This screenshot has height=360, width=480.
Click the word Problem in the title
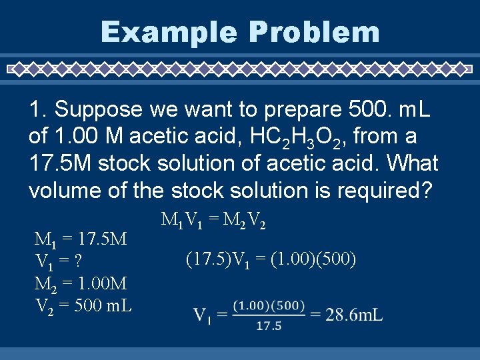(x=316, y=32)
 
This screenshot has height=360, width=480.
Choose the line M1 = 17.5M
(x=81, y=238)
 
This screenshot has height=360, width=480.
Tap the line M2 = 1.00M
(x=81, y=283)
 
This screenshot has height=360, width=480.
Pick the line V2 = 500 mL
(x=83, y=306)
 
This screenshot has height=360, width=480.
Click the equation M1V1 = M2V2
(x=213, y=220)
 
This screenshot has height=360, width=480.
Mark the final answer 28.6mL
(x=354, y=314)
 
